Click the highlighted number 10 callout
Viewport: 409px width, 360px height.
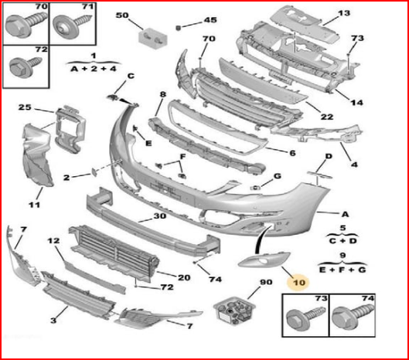point(298,282)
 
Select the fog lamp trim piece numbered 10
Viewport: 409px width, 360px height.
point(264,260)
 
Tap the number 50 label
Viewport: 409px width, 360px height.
point(122,15)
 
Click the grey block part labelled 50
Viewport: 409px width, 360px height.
point(152,39)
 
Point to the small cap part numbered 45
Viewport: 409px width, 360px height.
point(179,27)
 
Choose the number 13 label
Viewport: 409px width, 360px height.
point(343,13)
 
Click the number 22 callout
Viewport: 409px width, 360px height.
point(327,117)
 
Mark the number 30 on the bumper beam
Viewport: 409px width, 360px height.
point(159,216)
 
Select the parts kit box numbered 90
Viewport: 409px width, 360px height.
point(233,311)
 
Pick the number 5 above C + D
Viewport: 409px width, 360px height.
point(343,228)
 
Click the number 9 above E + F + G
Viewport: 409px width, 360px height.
point(343,256)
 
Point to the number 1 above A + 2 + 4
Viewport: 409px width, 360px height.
point(94,56)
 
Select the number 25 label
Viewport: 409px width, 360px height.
point(25,107)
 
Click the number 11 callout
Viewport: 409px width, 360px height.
point(34,205)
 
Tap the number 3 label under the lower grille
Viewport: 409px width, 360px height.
point(53,320)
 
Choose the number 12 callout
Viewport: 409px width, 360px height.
point(53,240)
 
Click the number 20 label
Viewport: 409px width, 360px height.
point(184,277)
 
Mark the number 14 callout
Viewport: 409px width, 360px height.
point(356,102)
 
